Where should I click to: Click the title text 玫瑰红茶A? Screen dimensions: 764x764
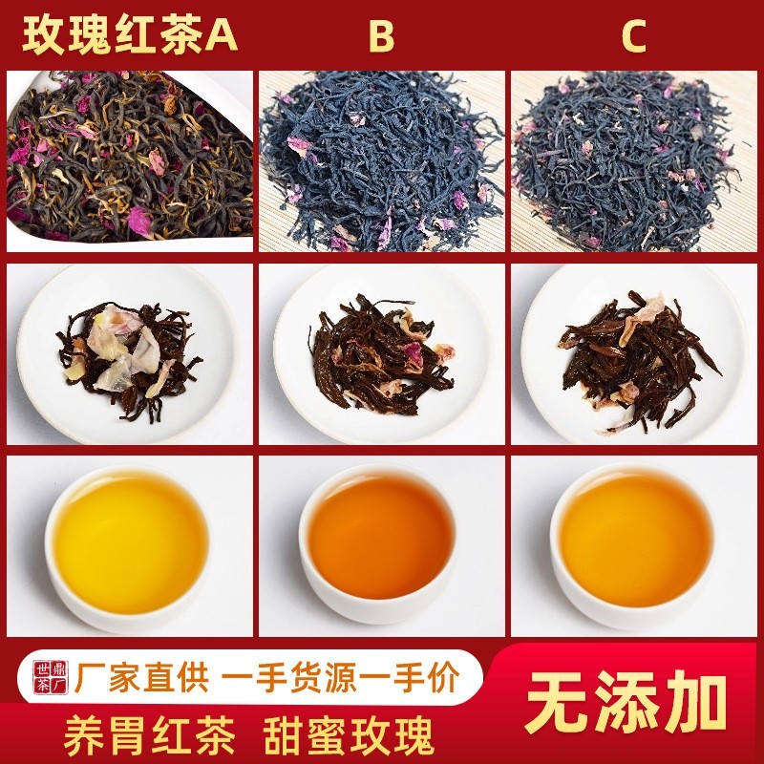pyautogui.click(x=130, y=36)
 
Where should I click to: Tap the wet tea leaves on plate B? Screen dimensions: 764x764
pyautogui.click(x=377, y=358)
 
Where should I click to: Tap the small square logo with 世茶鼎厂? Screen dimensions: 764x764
pyautogui.click(x=46, y=676)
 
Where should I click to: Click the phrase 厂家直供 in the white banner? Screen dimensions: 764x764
pyautogui.click(x=138, y=678)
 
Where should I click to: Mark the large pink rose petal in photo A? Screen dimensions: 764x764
pyautogui.click(x=140, y=222)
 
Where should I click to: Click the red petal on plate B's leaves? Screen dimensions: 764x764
pyautogui.click(x=413, y=354)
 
